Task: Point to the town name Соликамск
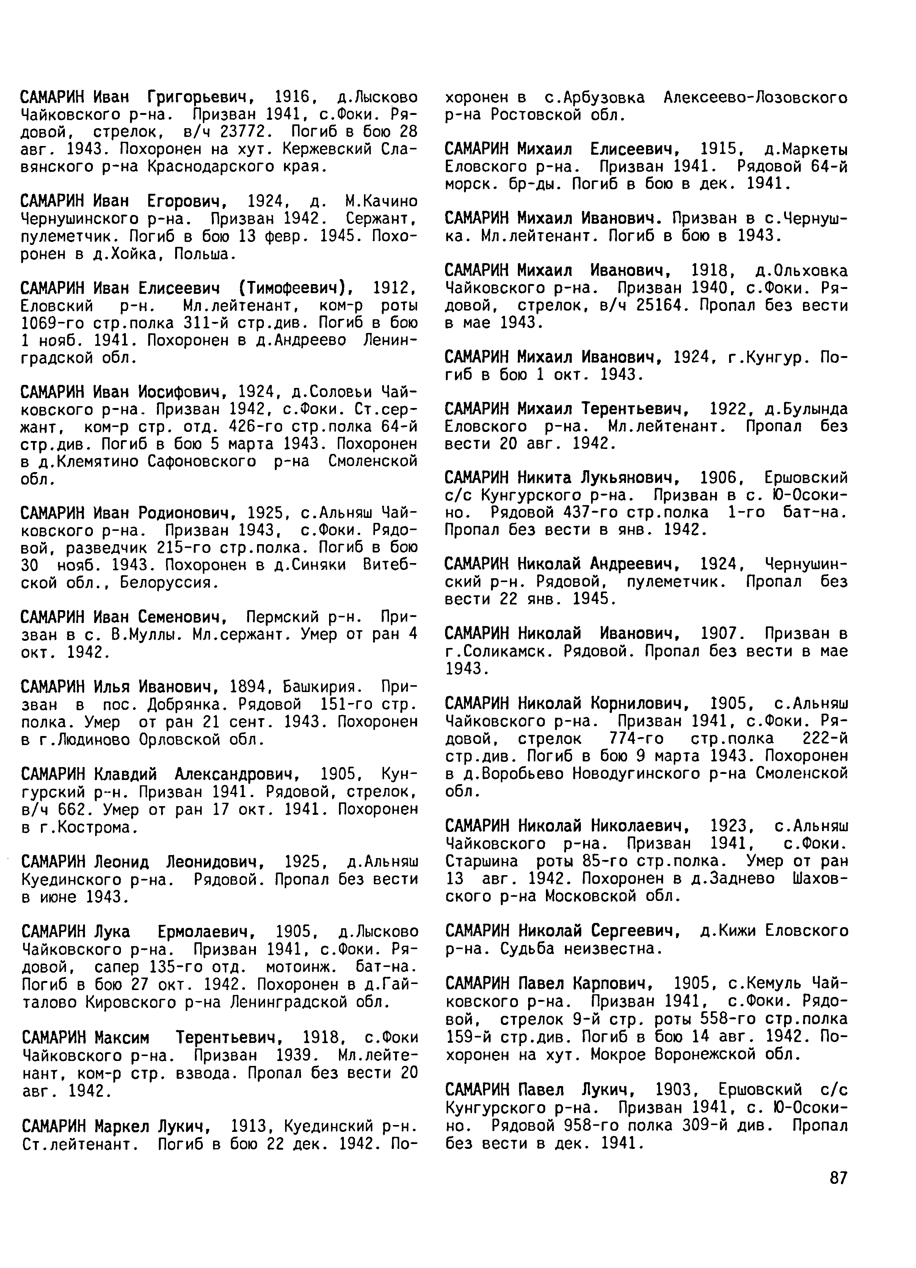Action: click(501, 651)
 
